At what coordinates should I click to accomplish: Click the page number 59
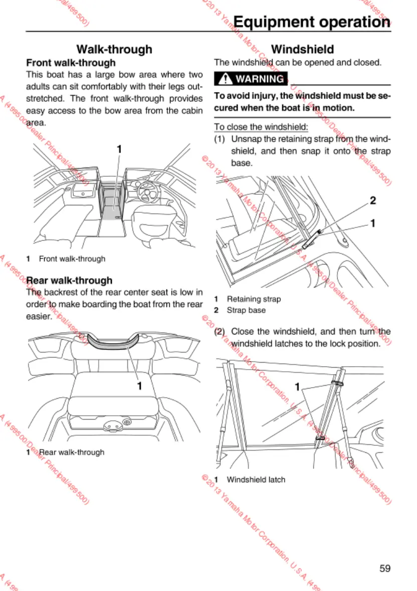click(x=384, y=568)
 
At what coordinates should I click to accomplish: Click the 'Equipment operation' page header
click(x=312, y=22)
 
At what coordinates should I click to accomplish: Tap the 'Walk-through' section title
click(x=114, y=49)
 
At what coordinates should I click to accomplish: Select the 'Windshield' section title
click(x=302, y=49)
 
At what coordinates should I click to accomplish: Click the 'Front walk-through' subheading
click(x=71, y=63)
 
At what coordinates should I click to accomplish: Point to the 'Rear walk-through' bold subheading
click(x=69, y=280)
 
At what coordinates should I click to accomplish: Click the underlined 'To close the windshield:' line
click(x=261, y=127)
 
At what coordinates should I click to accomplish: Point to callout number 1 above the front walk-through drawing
click(x=119, y=149)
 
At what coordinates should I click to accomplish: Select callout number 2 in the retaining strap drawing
click(x=372, y=201)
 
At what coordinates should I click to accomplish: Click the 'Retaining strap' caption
click(x=254, y=299)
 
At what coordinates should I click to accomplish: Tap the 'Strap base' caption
click(x=246, y=310)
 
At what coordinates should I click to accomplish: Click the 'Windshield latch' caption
click(x=256, y=479)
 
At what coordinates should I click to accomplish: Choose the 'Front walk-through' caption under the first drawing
click(x=72, y=259)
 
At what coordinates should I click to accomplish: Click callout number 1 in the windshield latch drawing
click(x=298, y=387)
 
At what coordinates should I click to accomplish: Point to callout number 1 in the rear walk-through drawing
click(x=140, y=386)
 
